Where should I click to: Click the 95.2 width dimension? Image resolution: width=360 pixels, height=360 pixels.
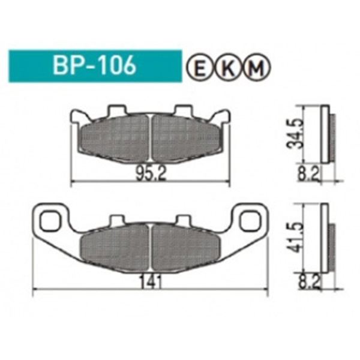tap(151, 173)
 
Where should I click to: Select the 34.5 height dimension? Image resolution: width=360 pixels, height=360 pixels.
tap(295, 134)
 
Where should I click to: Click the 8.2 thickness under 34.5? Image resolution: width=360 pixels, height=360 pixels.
tap(308, 174)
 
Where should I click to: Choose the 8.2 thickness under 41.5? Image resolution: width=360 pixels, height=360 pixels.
tap(309, 283)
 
